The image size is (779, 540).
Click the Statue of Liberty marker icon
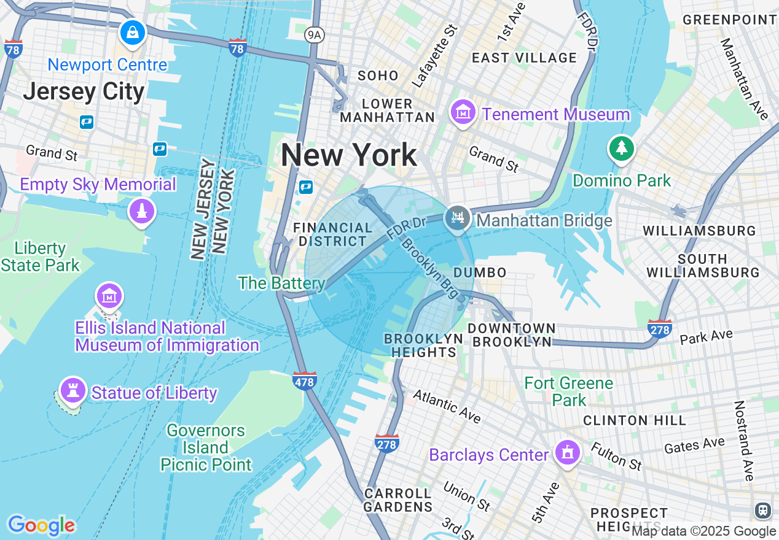coord(72,390)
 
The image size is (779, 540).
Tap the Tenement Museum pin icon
coord(462,112)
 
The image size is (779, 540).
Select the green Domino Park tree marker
coord(621,148)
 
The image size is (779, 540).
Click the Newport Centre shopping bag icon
coord(133,32)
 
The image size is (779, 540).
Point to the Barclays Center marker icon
coord(567,453)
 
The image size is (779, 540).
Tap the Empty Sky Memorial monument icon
coord(142,212)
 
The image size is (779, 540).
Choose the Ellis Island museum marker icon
coord(109,296)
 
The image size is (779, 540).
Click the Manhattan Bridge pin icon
coord(457,217)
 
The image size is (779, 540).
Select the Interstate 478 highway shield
coord(305,381)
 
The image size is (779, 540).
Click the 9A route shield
coord(314,35)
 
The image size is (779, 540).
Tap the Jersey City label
coord(84,92)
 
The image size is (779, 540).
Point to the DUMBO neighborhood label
coord(480,272)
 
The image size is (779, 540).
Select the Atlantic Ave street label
coord(447,406)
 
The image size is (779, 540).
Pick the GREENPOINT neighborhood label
coord(730,20)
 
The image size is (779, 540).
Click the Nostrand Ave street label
coord(744,441)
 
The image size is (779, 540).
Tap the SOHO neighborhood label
coord(378,75)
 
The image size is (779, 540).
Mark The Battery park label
coord(281,283)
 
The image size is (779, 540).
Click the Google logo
coord(41,525)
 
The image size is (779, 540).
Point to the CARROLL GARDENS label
coord(398,500)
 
